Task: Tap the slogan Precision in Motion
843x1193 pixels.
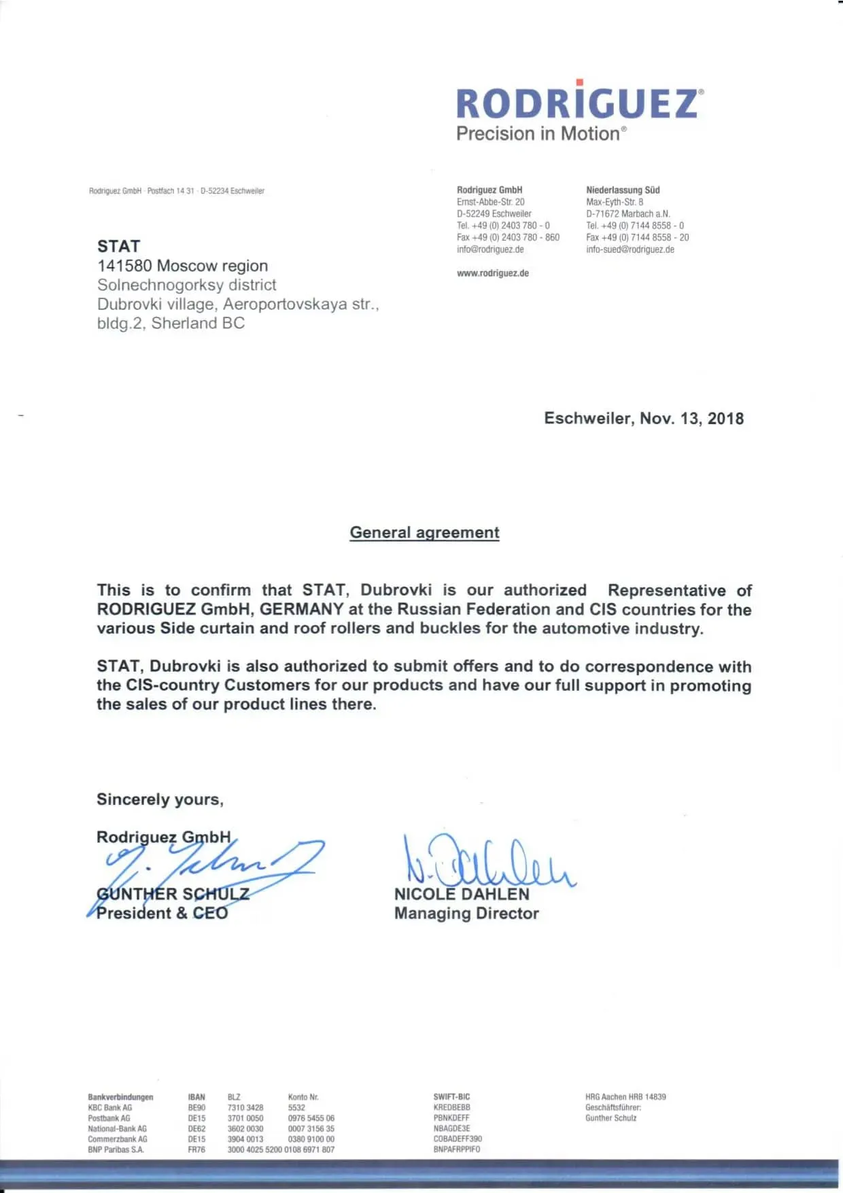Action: (539, 133)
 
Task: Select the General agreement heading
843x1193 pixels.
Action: (424, 532)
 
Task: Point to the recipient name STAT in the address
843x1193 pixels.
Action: (118, 246)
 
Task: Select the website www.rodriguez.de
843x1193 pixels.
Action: (492, 273)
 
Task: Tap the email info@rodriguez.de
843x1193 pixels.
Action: (490, 249)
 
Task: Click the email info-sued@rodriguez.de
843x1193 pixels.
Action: (630, 249)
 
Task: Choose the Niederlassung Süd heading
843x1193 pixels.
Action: (623, 190)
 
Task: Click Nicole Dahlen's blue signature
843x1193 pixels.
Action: (489, 862)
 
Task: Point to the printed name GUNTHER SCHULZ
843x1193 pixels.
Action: (173, 894)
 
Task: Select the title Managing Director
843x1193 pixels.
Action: (466, 914)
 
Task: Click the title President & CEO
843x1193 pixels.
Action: (162, 913)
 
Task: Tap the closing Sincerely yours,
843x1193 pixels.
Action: (160, 799)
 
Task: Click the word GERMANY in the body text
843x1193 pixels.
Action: (301, 609)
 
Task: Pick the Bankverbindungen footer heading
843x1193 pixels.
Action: (120, 1097)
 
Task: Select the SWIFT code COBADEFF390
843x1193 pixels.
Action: (458, 1139)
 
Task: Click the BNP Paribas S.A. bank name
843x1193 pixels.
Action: (116, 1149)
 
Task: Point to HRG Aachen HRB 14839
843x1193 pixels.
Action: (625, 1097)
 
